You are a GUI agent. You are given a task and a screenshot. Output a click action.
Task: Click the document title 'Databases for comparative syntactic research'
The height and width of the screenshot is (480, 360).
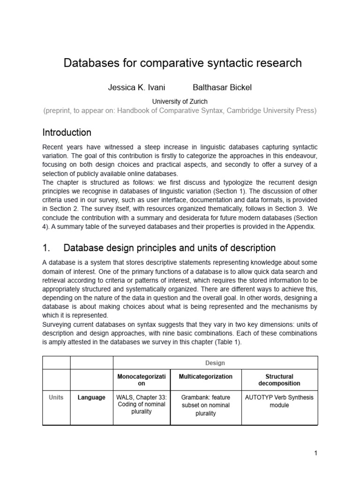coord(182,63)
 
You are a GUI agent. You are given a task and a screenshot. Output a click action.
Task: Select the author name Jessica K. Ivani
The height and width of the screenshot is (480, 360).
coord(136,88)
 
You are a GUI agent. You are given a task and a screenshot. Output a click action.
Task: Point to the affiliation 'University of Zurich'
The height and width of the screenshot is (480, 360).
coord(180,101)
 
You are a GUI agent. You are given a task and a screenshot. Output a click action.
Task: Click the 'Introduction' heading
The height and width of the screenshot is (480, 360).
coord(67,132)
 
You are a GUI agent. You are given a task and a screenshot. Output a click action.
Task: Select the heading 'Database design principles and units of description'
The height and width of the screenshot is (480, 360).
coord(169,247)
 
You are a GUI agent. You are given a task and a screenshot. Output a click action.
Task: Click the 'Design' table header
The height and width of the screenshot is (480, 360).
coord(215,363)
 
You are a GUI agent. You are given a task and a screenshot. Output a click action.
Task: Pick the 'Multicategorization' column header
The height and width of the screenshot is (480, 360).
coord(205,376)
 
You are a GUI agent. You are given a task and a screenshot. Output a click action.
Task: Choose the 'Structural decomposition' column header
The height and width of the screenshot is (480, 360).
coord(279,380)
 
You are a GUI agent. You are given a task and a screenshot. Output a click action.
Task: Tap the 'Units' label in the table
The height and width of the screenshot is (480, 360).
coord(56,397)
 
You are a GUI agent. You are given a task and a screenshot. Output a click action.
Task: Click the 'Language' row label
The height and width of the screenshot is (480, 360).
coord(91,397)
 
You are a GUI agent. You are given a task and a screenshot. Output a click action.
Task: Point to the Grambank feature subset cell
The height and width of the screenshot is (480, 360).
coord(205,405)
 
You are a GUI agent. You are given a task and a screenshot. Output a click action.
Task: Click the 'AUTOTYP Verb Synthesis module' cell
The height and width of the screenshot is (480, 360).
coord(279,401)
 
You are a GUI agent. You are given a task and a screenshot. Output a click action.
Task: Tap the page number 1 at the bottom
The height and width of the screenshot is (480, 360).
coord(316,453)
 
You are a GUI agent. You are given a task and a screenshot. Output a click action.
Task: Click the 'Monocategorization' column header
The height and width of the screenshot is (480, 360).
coord(142,380)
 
